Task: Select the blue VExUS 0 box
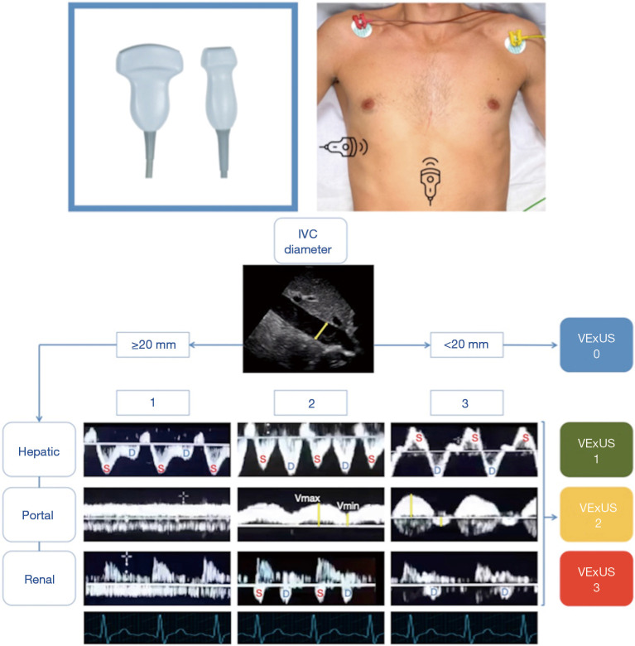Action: [x=596, y=344]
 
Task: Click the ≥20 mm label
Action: [x=152, y=343]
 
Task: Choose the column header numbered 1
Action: [x=152, y=403]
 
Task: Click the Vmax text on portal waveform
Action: [x=306, y=499]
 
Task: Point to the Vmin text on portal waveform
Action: [x=349, y=504]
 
